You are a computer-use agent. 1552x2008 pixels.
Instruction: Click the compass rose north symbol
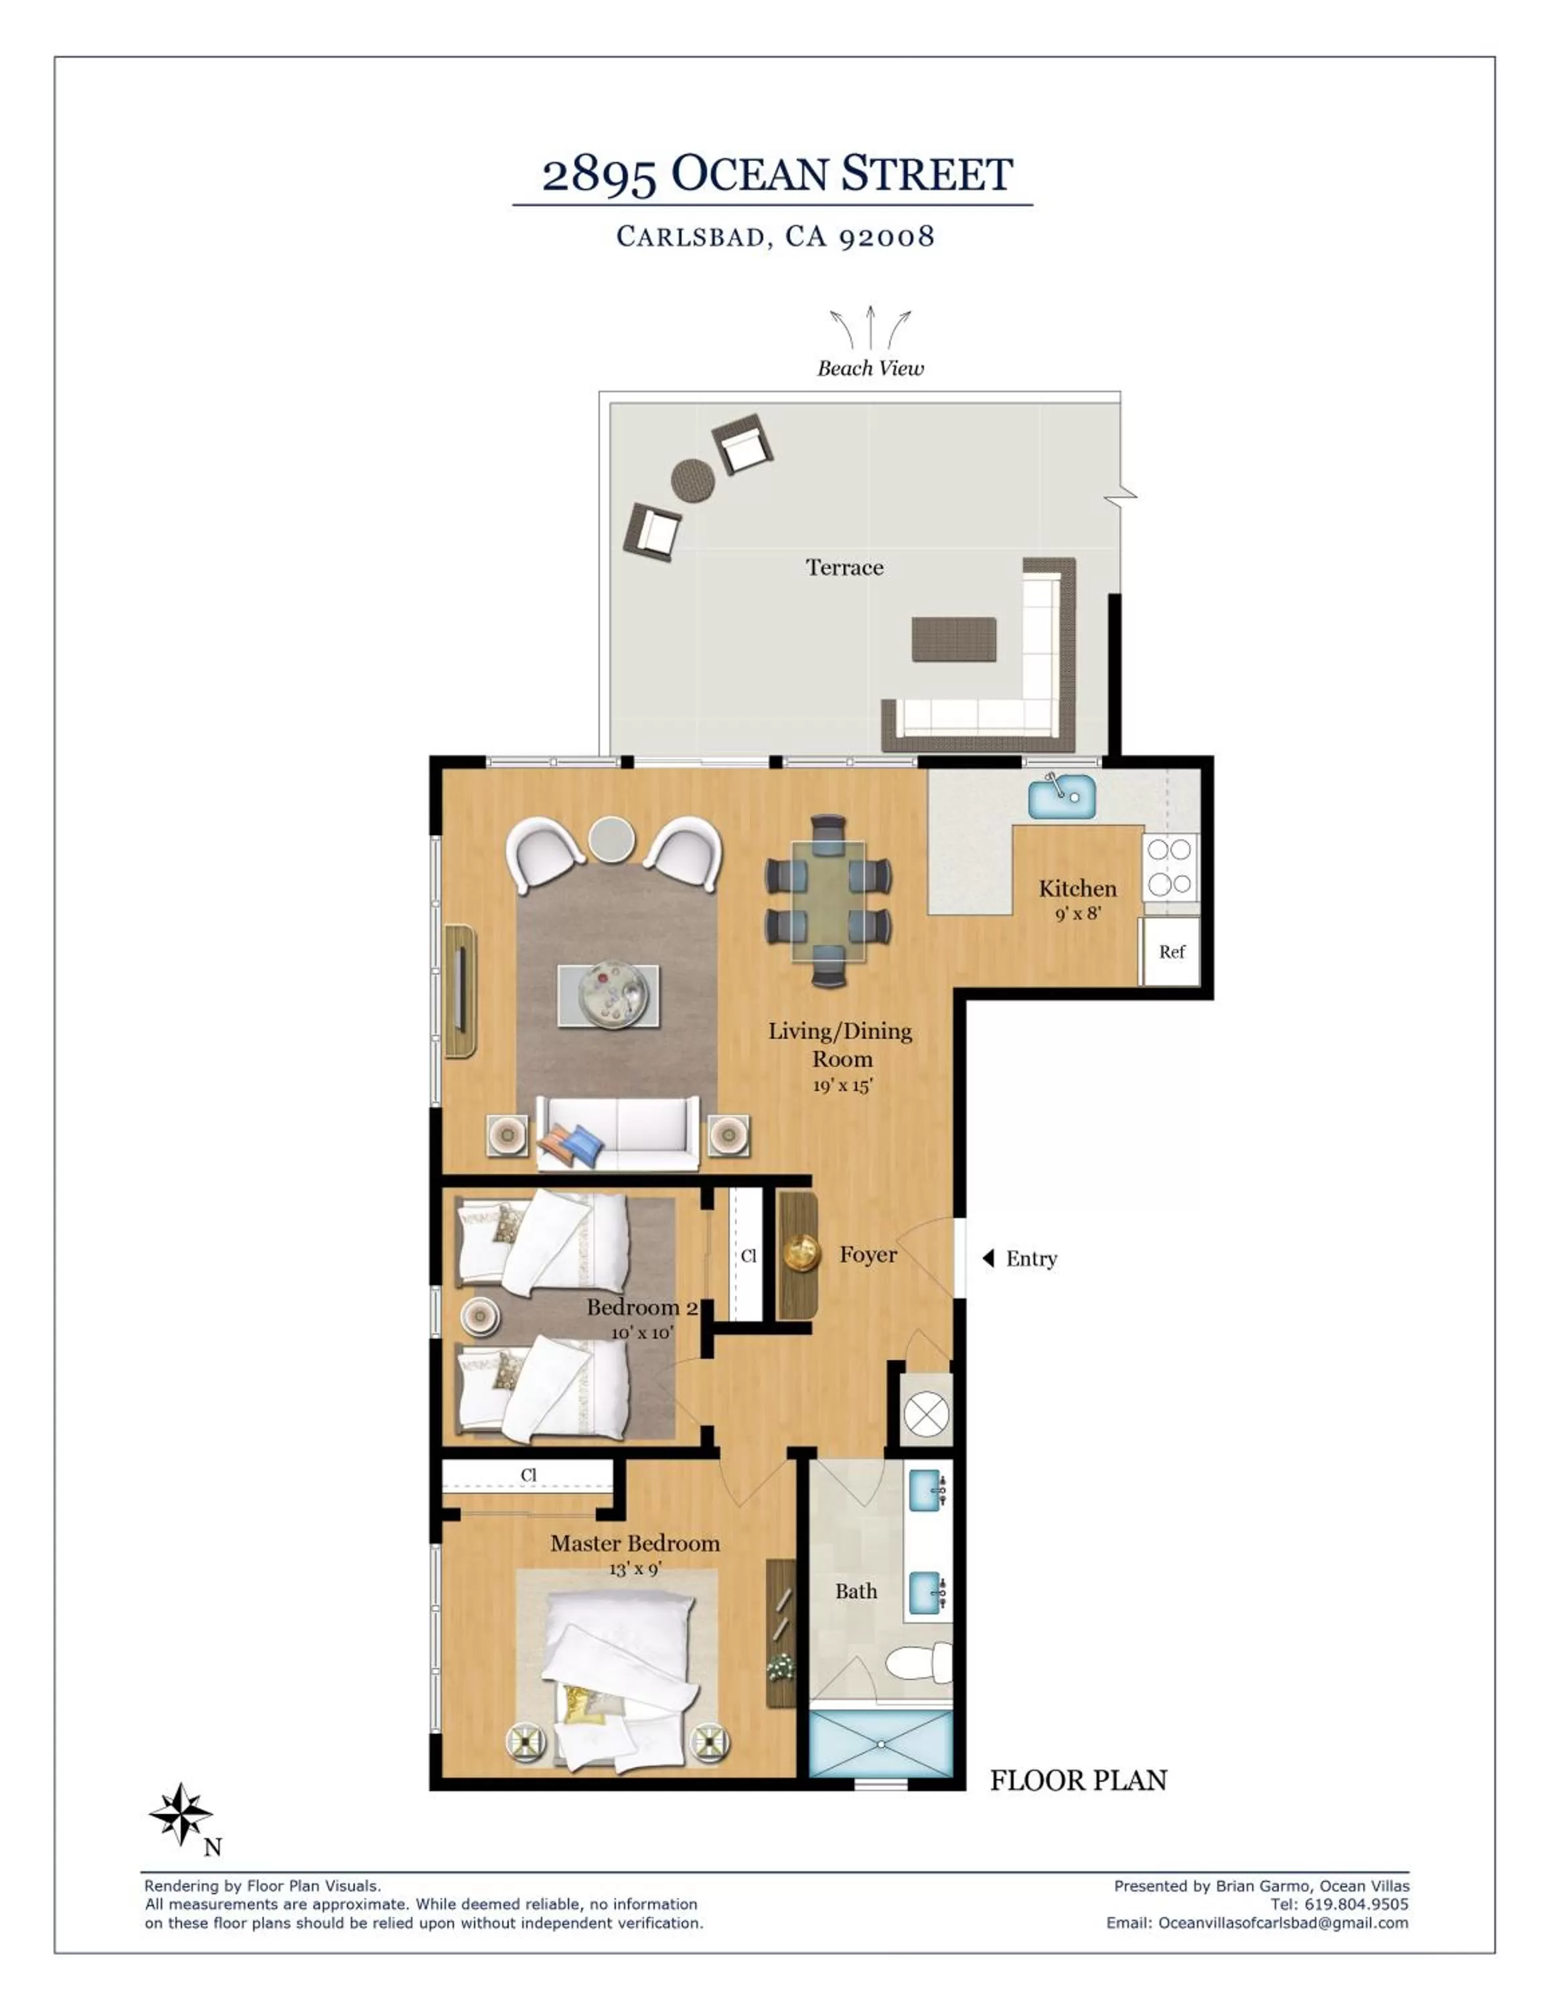tap(181, 1812)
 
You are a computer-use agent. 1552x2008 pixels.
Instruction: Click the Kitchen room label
tap(1077, 888)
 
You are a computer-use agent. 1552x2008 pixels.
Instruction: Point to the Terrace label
tap(844, 568)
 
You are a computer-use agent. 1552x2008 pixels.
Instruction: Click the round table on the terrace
tap(693, 481)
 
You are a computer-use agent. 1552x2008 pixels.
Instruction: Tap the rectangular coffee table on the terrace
tap(953, 639)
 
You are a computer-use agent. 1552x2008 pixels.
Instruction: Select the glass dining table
tap(828, 901)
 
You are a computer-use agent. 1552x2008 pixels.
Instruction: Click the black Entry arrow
tap(988, 1258)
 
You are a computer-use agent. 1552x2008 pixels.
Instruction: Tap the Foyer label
tap(868, 1255)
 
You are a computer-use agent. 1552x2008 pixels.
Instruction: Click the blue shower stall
tap(880, 1743)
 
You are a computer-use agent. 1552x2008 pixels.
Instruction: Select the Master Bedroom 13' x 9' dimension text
tap(635, 1568)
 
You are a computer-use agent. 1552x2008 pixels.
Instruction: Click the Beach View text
tap(870, 369)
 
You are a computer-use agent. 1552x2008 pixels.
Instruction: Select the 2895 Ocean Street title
tap(777, 174)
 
